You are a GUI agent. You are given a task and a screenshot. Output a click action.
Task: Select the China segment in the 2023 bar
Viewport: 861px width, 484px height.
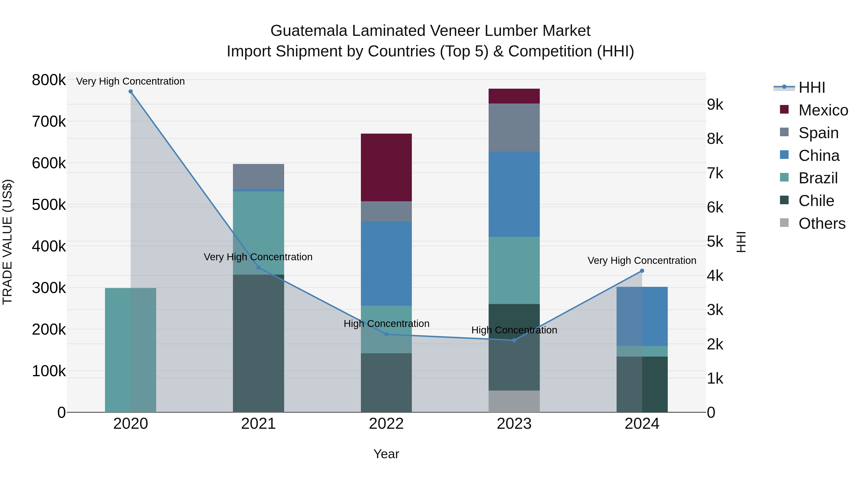click(x=514, y=194)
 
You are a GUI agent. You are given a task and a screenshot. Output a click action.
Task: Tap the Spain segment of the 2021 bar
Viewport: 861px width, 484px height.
click(x=258, y=176)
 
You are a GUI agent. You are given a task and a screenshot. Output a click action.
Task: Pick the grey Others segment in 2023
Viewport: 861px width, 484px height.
click(x=514, y=401)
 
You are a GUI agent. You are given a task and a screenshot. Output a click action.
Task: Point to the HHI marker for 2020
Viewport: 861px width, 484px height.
click(x=131, y=92)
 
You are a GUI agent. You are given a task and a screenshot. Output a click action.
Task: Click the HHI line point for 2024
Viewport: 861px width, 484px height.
click(x=642, y=271)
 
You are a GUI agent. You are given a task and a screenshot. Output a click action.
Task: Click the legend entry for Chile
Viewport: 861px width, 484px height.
click(x=816, y=201)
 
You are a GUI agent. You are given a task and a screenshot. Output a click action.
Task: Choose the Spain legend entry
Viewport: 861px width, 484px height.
click(x=818, y=133)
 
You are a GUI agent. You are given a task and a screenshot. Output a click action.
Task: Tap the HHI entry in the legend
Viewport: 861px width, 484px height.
click(x=811, y=87)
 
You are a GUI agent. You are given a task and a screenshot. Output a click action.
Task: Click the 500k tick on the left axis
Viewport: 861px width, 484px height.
click(x=49, y=205)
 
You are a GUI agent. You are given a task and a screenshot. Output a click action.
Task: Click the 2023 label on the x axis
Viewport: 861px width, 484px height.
click(x=514, y=424)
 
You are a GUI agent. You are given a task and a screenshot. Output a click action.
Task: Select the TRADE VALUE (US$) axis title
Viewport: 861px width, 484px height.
click(x=7, y=242)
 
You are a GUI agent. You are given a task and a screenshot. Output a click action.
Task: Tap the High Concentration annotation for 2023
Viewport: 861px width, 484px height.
click(x=514, y=330)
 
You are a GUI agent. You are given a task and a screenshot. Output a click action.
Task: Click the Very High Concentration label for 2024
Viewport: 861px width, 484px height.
click(x=642, y=260)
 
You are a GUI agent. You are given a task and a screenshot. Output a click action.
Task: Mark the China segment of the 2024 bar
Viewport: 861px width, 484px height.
click(x=642, y=316)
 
